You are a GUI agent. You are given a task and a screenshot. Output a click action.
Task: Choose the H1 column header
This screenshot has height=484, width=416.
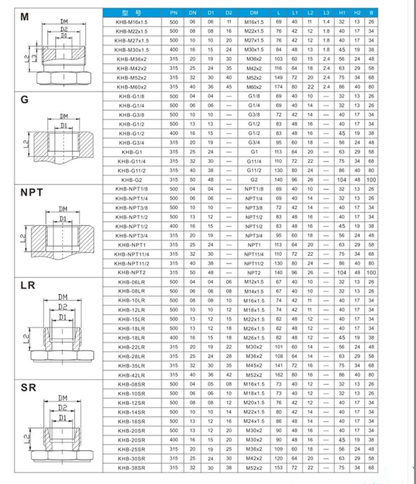(341, 13)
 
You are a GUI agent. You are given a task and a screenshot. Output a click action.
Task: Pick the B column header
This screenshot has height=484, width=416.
(372, 13)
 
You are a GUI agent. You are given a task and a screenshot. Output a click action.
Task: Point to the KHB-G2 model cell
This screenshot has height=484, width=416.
(132, 178)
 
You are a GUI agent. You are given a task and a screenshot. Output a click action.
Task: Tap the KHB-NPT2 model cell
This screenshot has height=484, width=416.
(132, 273)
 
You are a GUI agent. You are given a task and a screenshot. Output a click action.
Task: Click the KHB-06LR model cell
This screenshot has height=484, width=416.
(132, 282)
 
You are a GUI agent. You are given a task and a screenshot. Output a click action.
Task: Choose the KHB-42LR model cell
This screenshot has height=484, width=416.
(132, 375)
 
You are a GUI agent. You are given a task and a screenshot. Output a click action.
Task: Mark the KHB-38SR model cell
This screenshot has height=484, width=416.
(132, 468)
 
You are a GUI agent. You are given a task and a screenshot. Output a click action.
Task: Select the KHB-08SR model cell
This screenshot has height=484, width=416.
(132, 384)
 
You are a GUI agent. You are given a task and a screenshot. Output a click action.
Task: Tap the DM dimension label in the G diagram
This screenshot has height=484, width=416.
(63, 116)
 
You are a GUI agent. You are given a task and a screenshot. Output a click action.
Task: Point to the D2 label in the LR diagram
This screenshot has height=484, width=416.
(62, 306)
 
